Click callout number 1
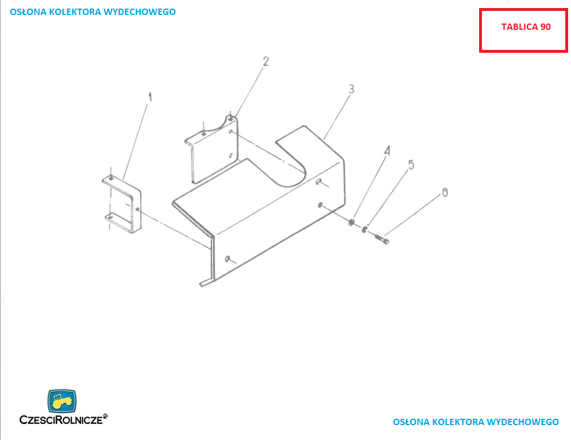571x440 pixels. [150, 97]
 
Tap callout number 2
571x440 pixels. [266, 61]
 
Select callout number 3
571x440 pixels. [351, 89]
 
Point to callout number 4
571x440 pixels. [387, 150]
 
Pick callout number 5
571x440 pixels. [411, 165]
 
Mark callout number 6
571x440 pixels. [445, 192]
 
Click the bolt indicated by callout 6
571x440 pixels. [381, 239]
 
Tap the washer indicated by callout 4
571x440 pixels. [352, 222]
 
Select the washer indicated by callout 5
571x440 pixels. [365, 229]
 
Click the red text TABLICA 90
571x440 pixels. [526, 27]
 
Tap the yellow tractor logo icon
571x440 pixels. [62, 401]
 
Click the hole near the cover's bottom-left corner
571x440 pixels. [227, 259]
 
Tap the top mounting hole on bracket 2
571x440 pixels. [230, 118]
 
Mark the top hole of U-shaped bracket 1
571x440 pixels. [111, 178]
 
